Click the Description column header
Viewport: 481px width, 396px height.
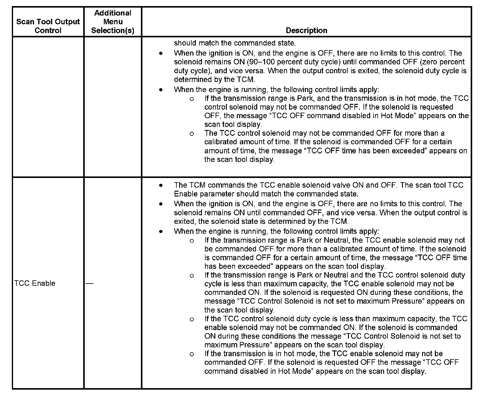point(306,30)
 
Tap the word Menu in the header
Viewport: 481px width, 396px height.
point(113,22)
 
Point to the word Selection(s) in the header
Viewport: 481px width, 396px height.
point(113,30)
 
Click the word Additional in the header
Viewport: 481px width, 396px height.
point(113,13)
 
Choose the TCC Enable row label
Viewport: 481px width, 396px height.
point(35,283)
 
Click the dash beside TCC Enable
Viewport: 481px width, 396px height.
point(90,283)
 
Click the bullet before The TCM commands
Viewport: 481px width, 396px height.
point(161,185)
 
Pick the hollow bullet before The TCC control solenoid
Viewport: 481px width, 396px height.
point(192,134)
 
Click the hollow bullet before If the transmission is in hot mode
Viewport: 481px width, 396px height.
point(192,354)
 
